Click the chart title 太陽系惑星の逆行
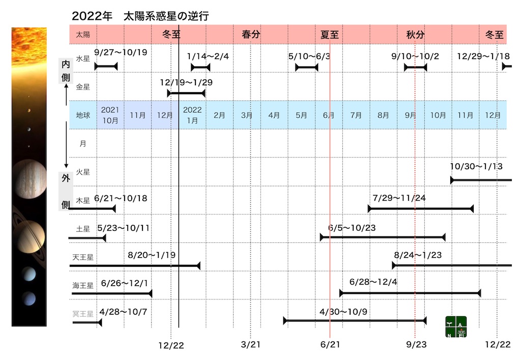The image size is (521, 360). coord(166,16)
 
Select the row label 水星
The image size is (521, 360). coord(83,59)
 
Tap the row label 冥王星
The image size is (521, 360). coord(83,314)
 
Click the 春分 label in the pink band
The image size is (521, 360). coord(251,34)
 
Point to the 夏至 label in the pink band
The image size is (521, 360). coord(329,34)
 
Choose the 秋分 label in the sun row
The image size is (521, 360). coord(415,34)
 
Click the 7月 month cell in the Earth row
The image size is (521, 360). coord(356,115)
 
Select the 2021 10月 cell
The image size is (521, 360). coord(110,115)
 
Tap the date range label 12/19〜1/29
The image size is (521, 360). coord(186,82)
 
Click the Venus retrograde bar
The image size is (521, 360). coord(186,93)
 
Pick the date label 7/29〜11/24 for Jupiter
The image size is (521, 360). coord(399,198)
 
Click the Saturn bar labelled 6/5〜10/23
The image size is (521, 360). coord(383,237)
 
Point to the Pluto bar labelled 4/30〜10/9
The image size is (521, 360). coord(355,321)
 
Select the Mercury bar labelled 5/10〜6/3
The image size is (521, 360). coord(307,68)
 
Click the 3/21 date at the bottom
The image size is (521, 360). coord(250,344)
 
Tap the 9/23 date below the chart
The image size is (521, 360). coord(416,344)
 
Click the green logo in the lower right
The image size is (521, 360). coord(456,327)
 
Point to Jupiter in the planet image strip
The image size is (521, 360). coord(29,179)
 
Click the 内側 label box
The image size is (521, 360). coord(66,70)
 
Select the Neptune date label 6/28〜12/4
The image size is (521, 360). coord(373,282)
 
